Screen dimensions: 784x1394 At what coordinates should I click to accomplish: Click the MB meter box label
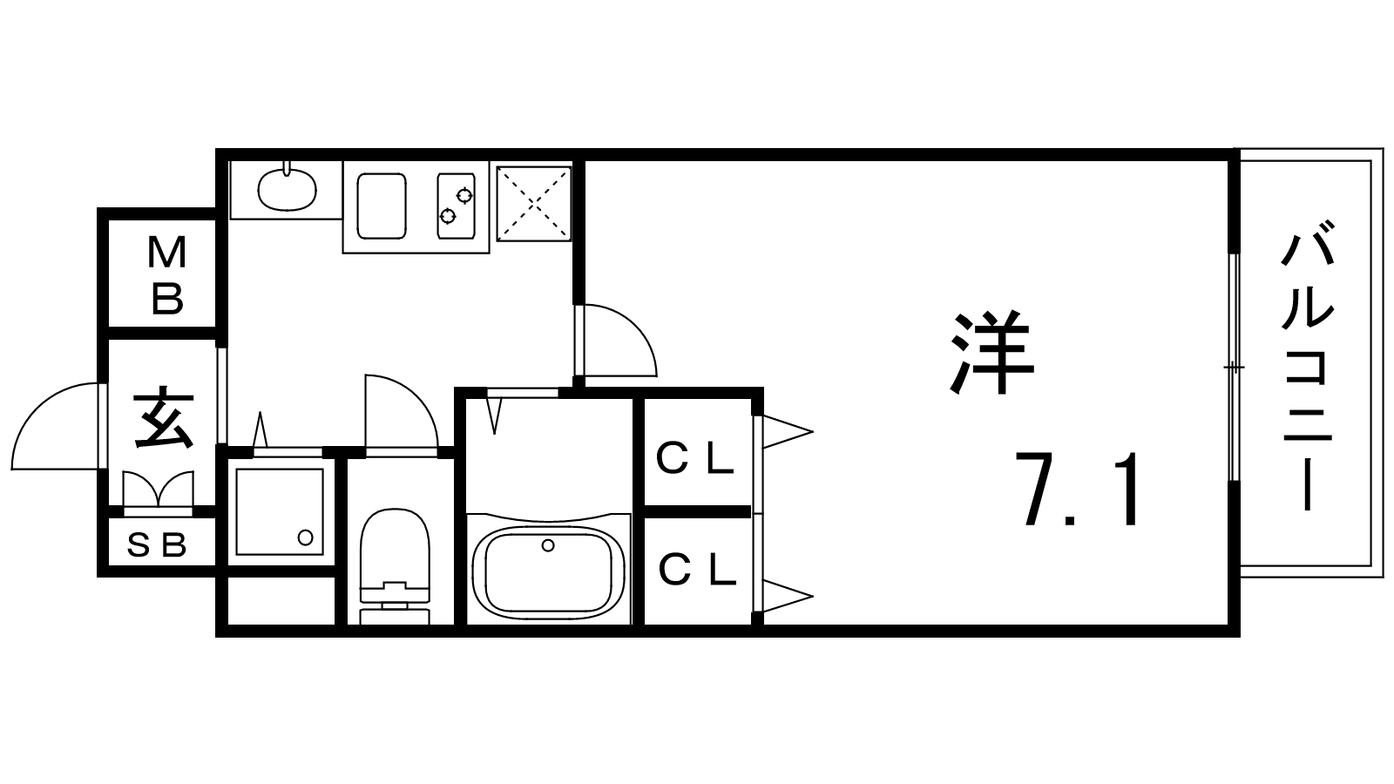(x=166, y=275)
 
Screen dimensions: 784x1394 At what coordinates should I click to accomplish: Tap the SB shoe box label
(x=158, y=546)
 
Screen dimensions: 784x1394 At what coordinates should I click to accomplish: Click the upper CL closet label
(x=695, y=459)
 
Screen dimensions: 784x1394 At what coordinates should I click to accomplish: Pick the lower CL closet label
(x=697, y=571)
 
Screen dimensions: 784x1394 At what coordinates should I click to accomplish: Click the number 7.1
(x=1080, y=490)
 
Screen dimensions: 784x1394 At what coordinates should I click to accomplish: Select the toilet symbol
(x=396, y=562)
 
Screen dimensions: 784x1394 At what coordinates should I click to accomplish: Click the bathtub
(x=547, y=571)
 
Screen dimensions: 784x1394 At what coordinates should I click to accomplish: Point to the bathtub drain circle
(x=548, y=546)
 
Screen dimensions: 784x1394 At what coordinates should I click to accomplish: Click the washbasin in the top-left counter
(x=288, y=188)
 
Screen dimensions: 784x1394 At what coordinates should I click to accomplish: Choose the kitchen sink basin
(x=382, y=205)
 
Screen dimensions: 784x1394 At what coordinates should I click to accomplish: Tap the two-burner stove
(x=457, y=205)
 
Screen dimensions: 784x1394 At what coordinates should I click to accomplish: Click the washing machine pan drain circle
(x=305, y=537)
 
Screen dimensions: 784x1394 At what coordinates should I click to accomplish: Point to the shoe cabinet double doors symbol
(x=158, y=489)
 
